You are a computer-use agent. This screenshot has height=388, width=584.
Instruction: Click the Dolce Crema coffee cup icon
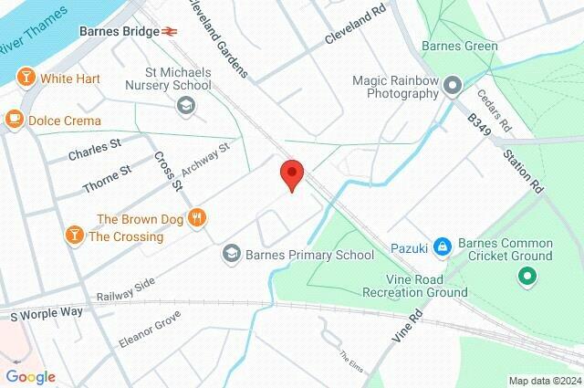coord(14,119)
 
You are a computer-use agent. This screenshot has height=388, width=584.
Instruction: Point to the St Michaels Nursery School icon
coord(186,106)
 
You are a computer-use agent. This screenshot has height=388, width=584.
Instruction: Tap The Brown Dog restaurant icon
coord(197,217)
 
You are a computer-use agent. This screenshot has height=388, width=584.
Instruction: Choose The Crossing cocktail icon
coord(72,236)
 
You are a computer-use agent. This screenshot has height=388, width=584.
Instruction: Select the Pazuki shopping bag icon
coord(442,246)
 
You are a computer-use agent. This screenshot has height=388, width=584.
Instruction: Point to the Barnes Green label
coord(460,47)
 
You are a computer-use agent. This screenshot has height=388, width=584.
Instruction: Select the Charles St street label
coord(94,150)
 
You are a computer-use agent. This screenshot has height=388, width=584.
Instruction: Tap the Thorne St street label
coord(107,177)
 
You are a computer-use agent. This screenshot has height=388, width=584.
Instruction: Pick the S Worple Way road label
coord(47,314)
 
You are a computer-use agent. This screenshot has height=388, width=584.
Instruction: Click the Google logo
coord(30,377)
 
